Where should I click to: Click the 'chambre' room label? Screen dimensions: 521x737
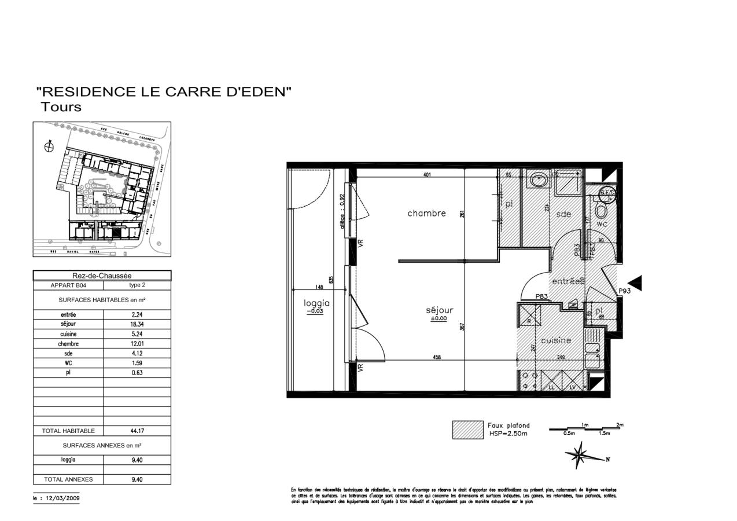[x=426, y=213]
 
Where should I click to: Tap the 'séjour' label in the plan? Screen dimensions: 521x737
[x=439, y=310]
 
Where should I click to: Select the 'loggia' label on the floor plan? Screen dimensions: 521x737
[x=316, y=303]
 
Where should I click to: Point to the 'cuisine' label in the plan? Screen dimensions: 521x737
[x=556, y=340]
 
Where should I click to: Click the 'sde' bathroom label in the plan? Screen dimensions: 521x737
[x=563, y=214]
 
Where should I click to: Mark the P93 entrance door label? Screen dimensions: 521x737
[x=624, y=291]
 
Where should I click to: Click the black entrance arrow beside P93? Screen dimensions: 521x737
[x=635, y=283]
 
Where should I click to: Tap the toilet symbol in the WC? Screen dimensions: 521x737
[x=602, y=210]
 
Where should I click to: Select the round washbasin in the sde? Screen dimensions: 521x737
[x=539, y=179]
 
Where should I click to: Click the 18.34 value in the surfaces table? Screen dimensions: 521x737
[x=137, y=325]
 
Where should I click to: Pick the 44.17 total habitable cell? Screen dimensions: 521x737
[x=137, y=431]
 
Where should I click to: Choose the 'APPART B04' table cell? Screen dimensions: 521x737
[x=68, y=285]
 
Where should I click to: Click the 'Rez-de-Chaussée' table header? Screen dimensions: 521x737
[x=102, y=276]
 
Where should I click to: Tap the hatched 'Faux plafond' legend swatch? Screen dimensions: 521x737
[x=467, y=430]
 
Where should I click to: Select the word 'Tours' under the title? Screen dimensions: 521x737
[x=61, y=107]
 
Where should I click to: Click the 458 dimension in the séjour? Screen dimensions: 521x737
[x=437, y=357]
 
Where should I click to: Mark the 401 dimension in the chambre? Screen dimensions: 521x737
[x=427, y=174]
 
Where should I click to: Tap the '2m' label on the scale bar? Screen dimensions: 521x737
[x=620, y=425]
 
